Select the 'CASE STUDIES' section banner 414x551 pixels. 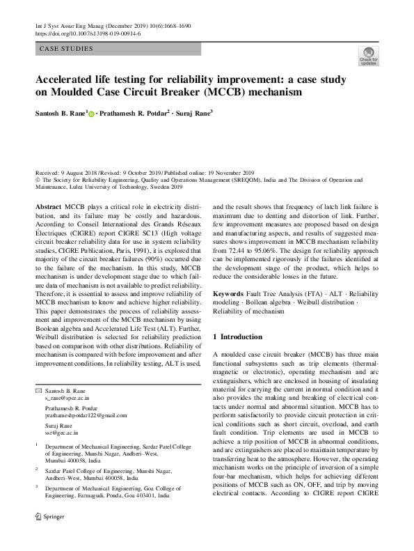pyautogui.click(x=66, y=49)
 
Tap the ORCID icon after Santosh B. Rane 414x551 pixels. pyautogui.click(x=91, y=114)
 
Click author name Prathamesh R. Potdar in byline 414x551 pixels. pyautogui.click(x=132, y=113)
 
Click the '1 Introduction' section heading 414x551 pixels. pyautogui.click(x=237, y=337)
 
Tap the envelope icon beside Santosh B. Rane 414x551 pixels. pyautogui.click(x=38, y=391)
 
